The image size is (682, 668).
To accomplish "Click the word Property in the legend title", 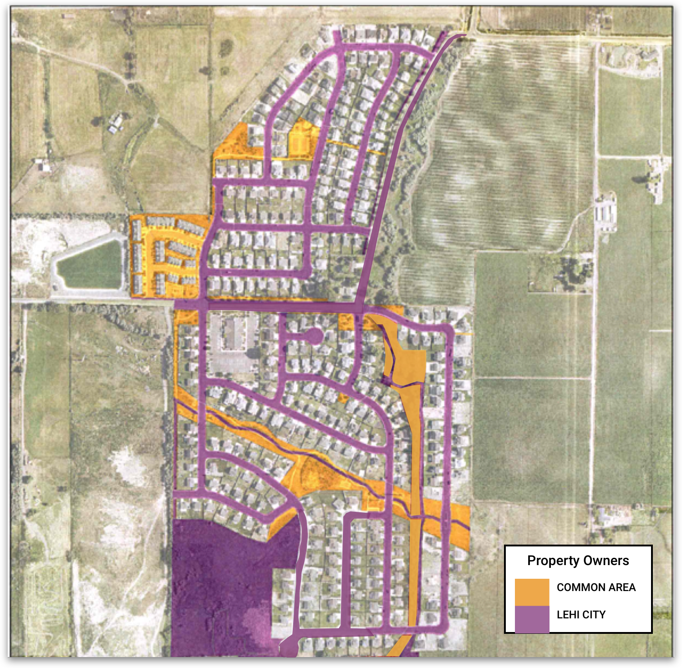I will pyautogui.click(x=550, y=561).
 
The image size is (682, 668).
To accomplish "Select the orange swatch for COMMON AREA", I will pyautogui.click(x=532, y=592).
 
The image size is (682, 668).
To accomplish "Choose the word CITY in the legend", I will pyautogui.click(x=594, y=615).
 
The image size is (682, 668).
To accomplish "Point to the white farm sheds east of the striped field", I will pyautogui.click(x=606, y=212).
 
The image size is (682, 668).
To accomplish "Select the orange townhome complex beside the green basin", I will pyautogui.click(x=166, y=257).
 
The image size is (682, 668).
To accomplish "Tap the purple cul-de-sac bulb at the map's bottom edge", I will pyautogui.click(x=289, y=647).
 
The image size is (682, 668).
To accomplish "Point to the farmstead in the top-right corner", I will pyautogui.click(x=637, y=59).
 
